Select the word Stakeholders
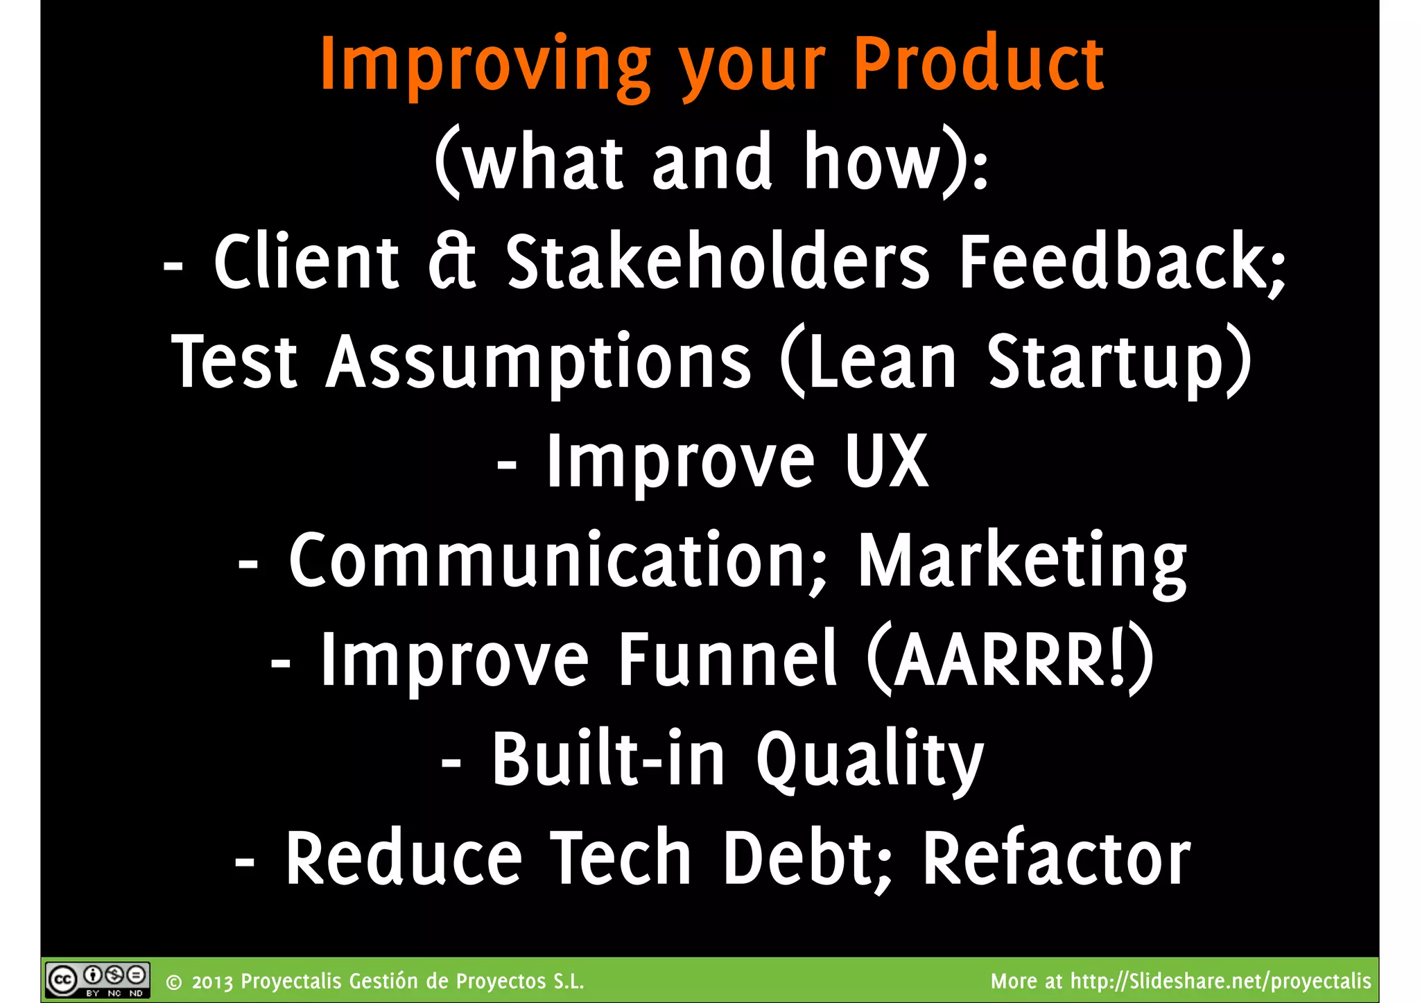[x=717, y=261]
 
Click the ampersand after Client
[x=451, y=261]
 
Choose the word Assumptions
[x=539, y=362]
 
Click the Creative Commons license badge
[x=97, y=980]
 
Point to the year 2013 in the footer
[x=212, y=982]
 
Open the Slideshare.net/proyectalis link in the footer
[x=1220, y=982]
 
